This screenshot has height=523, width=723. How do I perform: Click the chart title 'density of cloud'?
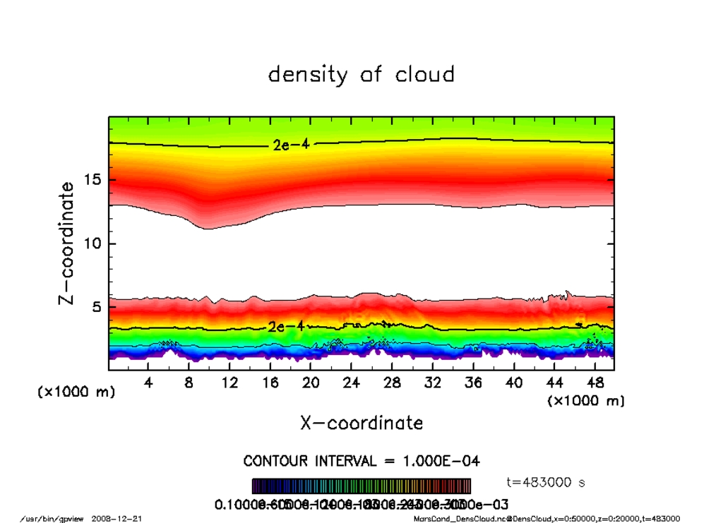(361, 74)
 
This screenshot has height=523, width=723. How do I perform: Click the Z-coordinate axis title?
(66, 244)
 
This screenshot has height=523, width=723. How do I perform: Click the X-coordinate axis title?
(361, 423)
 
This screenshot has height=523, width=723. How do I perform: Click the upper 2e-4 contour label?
(290, 145)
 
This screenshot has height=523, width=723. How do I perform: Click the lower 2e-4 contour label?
(285, 327)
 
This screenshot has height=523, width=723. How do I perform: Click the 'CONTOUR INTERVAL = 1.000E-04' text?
(361, 461)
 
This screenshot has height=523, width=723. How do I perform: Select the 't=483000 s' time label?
(546, 483)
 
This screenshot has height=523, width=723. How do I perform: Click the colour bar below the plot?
(361, 486)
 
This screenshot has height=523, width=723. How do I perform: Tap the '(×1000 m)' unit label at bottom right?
(586, 401)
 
